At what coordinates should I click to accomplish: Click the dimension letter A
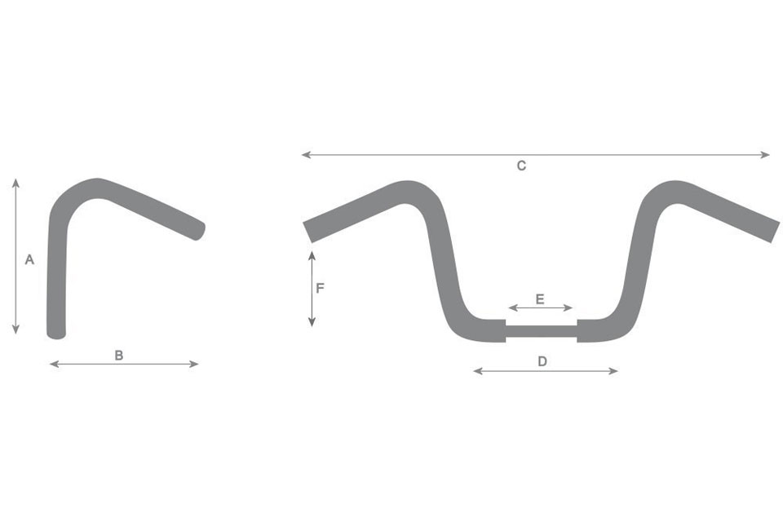[29, 260]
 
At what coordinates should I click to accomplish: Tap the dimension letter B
[119, 355]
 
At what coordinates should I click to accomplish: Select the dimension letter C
[521, 166]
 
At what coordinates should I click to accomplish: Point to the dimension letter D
[542, 361]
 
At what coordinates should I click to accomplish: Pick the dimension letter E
[540, 299]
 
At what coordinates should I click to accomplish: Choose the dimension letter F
[321, 288]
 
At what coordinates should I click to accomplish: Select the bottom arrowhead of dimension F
[312, 324]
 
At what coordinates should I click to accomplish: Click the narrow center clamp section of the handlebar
[542, 330]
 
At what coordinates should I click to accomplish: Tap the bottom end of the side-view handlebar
[56, 332]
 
